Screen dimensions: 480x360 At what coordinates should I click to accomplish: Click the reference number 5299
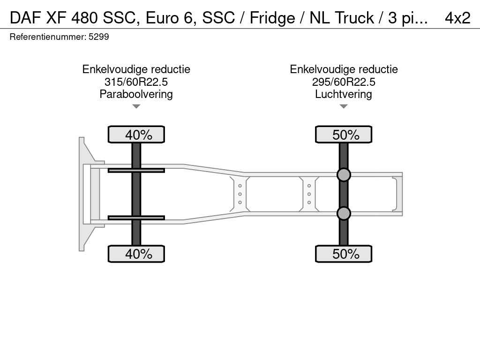98,37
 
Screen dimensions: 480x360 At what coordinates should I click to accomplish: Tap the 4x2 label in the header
457,18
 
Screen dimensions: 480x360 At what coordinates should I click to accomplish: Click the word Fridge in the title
272,18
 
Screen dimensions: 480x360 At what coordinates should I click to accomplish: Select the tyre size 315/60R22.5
136,82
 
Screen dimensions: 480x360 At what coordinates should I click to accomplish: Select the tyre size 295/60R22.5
344,82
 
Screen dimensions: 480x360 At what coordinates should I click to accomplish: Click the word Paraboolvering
136,94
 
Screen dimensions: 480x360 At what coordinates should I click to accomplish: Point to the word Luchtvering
344,94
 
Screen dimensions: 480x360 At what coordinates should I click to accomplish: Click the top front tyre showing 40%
136,135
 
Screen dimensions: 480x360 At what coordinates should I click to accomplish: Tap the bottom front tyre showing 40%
136,254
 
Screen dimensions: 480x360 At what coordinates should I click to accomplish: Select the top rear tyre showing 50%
344,135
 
